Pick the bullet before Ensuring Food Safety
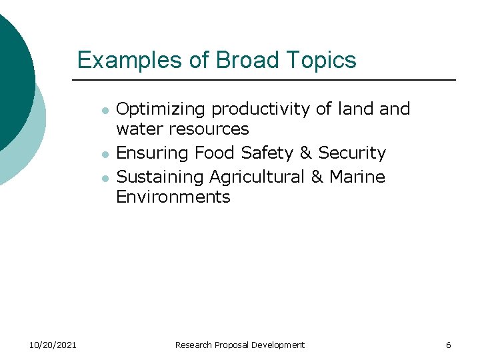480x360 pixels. tap(104, 154)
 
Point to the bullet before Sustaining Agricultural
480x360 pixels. tap(104, 178)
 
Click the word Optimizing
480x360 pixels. tap(161, 109)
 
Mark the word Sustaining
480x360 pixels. tap(160, 177)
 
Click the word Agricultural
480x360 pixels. tap(257, 177)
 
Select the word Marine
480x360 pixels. tap(357, 177)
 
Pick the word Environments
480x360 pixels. tap(173, 197)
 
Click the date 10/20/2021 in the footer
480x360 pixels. tap(53, 345)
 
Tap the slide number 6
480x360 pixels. tap(449, 345)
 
